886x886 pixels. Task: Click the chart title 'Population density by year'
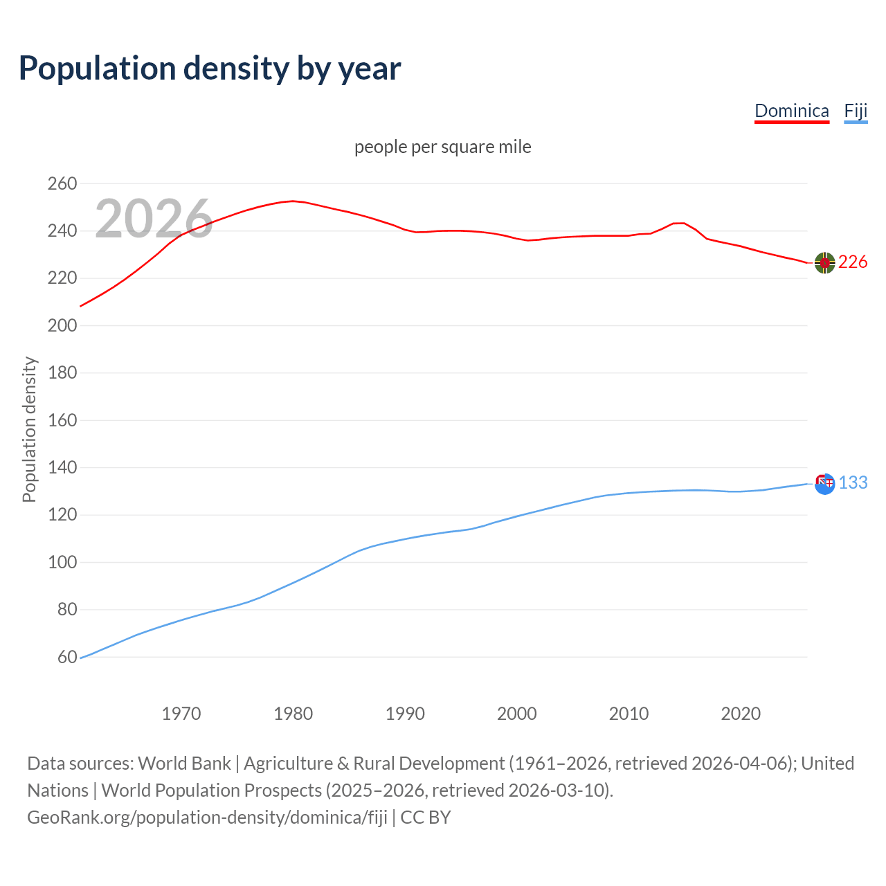pos(210,68)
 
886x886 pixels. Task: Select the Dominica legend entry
pos(791,111)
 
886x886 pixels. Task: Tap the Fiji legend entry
pos(856,111)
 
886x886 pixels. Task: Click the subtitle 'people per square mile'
pos(442,147)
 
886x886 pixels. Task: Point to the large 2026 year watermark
pos(154,219)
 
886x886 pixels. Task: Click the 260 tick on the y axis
pos(62,183)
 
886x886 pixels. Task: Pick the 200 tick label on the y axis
pos(62,325)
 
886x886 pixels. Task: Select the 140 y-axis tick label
pos(62,468)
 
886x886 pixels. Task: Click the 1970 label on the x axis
pos(181,713)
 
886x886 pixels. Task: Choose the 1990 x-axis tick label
pos(405,713)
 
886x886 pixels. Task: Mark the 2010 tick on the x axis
pos(629,713)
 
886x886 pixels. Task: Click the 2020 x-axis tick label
pos(741,713)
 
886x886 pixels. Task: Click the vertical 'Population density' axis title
pos(29,429)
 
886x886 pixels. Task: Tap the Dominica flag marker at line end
pos(824,262)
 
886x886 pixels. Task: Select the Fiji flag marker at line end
pos(824,483)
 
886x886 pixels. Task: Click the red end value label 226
pos(853,262)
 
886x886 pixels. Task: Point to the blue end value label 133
pos(853,482)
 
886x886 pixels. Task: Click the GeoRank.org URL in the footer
pos(207,817)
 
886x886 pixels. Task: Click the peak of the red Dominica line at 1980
pos(293,201)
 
